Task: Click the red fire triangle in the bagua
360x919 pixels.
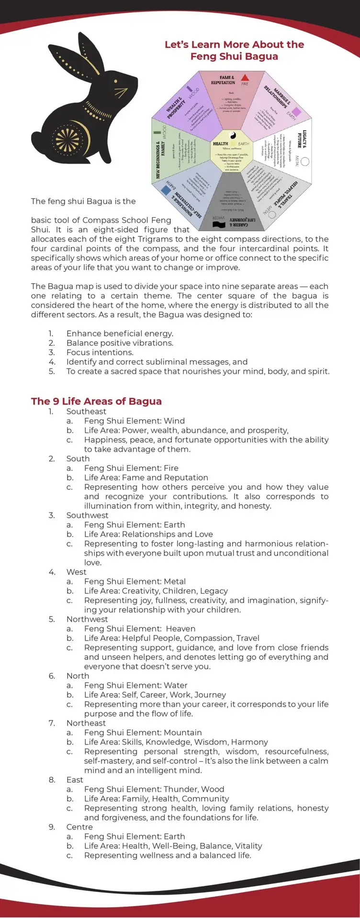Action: point(245,78)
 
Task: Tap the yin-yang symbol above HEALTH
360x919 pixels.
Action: point(232,135)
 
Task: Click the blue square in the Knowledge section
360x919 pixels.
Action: point(166,191)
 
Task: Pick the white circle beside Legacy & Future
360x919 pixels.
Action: point(304,163)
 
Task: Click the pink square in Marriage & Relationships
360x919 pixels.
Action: point(296,112)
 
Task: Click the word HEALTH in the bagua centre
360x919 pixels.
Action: point(221,144)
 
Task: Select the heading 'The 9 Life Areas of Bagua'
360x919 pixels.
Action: point(96,401)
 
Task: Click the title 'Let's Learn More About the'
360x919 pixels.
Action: point(234,45)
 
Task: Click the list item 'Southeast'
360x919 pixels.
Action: point(86,411)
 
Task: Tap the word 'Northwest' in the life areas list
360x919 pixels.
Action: point(87,619)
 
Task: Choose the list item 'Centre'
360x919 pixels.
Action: point(79,827)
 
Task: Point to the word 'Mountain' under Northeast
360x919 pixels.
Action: point(182,732)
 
